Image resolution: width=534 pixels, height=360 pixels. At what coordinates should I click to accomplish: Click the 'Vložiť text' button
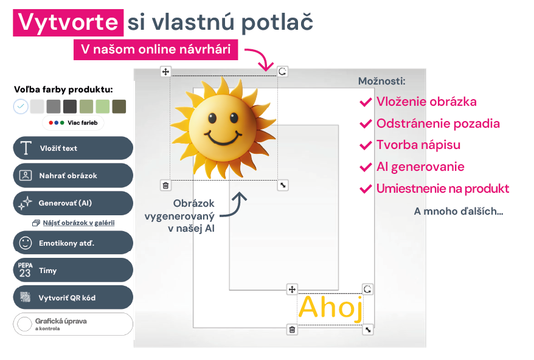pos(73,148)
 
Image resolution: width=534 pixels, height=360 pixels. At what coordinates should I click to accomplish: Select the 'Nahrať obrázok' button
pos(73,175)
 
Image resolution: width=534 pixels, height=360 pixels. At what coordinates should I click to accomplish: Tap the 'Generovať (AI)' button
pos(73,203)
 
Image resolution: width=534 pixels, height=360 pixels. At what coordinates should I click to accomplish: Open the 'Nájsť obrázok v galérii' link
pos(78,223)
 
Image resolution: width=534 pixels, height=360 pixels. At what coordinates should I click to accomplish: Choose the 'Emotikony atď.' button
pos(73,243)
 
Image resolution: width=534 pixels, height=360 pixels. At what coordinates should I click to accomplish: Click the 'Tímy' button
pos(73,271)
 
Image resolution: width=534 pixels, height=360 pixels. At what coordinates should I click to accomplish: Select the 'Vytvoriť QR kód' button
pos(73,298)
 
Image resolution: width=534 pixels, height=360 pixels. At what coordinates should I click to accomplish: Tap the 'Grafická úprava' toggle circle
pos(24,324)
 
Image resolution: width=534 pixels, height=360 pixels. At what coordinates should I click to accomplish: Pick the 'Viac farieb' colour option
pos(73,123)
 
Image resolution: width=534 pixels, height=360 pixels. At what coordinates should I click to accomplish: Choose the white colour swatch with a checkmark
pos(21,106)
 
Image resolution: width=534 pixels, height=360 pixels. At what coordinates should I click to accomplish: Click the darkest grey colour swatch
pos(70,106)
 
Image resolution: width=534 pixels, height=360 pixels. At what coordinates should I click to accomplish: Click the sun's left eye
pos(212,118)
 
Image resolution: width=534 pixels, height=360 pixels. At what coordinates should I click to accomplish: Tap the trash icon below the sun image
pos(165,185)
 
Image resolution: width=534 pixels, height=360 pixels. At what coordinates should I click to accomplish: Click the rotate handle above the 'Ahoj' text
pos(367,289)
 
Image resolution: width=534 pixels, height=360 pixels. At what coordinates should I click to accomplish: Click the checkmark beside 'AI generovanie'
pos(366,167)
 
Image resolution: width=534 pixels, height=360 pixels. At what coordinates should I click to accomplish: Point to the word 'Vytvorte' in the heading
pos(68,22)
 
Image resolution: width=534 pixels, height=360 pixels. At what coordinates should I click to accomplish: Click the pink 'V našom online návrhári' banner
pos(156,50)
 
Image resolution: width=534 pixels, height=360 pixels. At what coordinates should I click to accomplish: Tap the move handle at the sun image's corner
pos(165,72)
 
